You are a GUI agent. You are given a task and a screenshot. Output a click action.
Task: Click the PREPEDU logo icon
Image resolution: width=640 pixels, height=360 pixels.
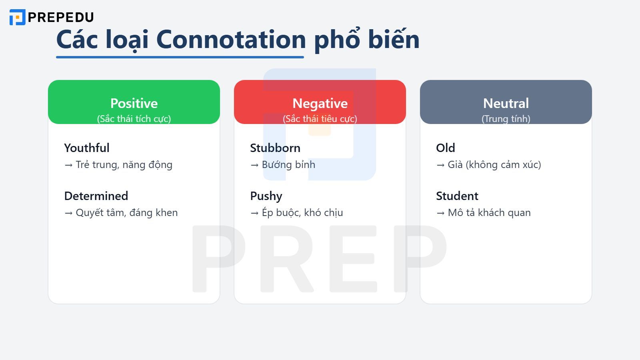[17, 17]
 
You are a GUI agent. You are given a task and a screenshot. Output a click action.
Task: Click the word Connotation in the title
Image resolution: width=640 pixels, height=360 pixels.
[231, 40]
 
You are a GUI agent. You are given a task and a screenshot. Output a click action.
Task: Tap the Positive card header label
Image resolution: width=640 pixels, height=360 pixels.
[134, 103]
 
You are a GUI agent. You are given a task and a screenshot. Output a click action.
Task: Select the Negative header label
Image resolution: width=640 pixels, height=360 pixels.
[320, 103]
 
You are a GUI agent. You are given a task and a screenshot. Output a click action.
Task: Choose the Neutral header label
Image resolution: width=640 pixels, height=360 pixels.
[506, 103]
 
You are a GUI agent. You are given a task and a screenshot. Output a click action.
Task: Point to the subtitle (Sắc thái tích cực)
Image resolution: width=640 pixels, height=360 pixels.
[134, 119]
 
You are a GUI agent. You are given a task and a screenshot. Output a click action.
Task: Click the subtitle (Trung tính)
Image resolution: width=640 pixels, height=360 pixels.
[506, 119]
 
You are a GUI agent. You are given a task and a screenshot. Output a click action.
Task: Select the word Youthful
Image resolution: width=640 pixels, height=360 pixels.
[87, 148]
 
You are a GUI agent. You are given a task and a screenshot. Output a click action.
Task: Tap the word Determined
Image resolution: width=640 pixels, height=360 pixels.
[96, 196]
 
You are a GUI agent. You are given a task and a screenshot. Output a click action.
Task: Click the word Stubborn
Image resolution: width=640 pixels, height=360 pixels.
[275, 148]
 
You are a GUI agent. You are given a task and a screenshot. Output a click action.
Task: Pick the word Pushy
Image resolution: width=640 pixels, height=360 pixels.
[266, 196]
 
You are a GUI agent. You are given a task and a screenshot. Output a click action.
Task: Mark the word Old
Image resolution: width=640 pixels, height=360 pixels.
[446, 148]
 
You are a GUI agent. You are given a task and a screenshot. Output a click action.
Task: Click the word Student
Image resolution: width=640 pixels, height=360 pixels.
[457, 196]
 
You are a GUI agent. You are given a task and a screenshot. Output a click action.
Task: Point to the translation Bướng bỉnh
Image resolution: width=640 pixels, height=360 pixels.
[288, 165]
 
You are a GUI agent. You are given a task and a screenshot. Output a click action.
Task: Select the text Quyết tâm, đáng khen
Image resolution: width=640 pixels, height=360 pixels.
[127, 213]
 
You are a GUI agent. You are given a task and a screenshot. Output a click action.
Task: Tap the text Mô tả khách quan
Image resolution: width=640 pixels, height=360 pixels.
[489, 213]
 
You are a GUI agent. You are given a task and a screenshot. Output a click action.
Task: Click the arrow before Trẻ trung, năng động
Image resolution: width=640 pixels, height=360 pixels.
[68, 165]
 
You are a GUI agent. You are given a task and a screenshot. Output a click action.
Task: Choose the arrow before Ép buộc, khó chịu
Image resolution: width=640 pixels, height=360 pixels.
[254, 213]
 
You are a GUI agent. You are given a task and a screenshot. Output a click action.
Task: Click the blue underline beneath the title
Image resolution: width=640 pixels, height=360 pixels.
[180, 57]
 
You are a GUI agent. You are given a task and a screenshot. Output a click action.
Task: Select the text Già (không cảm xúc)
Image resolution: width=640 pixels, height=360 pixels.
[494, 165]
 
